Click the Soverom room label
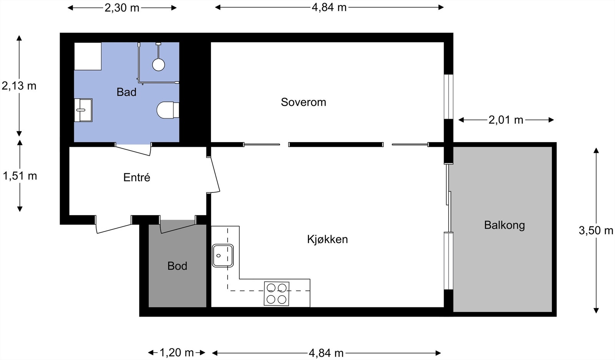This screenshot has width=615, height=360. [x=303, y=102]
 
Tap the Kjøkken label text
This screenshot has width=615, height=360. [x=327, y=239]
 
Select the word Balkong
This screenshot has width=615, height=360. [x=504, y=225]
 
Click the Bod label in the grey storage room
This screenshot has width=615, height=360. [x=177, y=266]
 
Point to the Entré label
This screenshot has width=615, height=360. [x=136, y=178]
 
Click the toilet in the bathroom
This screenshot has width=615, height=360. [x=168, y=110]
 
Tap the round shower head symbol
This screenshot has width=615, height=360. [x=158, y=65]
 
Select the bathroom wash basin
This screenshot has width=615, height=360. [x=83, y=110]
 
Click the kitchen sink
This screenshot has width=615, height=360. [x=223, y=255]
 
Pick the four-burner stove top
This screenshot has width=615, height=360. [x=276, y=294]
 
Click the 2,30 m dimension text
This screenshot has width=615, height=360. [x=122, y=7]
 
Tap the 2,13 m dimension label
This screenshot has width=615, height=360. [x=19, y=86]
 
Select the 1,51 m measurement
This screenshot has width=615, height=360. [x=20, y=176]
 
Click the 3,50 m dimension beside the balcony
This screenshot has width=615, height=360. [x=596, y=230]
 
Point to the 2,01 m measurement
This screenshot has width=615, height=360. [x=506, y=120]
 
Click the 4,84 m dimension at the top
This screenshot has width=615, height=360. [x=329, y=7]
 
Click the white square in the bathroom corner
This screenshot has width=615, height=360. [x=88, y=56]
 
